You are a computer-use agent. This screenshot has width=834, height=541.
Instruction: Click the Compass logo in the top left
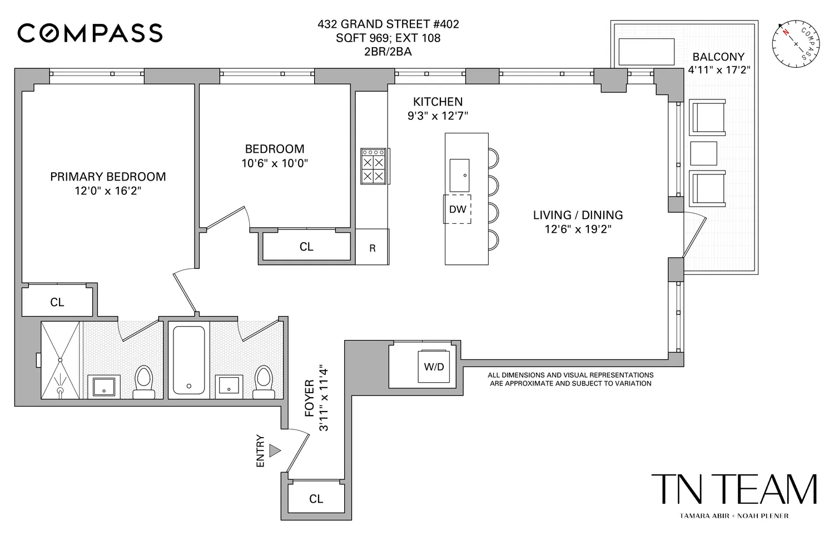coord(90,33)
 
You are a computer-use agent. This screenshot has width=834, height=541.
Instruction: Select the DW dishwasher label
coord(457,209)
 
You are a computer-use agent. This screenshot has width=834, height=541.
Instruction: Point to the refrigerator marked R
coord(372,248)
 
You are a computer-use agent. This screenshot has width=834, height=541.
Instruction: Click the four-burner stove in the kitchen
coord(373,166)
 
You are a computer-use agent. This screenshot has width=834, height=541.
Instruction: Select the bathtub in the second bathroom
coord(188,360)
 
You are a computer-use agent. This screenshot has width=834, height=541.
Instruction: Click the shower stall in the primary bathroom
coord(61,359)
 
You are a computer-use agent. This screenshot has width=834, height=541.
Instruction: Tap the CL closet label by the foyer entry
coord(316,499)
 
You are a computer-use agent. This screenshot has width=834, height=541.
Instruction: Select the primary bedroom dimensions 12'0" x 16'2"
coord(107,191)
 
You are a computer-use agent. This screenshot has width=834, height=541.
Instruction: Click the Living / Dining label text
coord(578,215)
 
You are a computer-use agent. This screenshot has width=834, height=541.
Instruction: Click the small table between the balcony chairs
coord(703,153)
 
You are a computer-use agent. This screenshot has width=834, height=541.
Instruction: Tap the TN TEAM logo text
coord(733,489)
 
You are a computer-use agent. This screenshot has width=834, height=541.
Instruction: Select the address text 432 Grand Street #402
coord(388,24)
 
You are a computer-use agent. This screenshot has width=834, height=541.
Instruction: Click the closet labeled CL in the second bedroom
coord(306,247)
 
